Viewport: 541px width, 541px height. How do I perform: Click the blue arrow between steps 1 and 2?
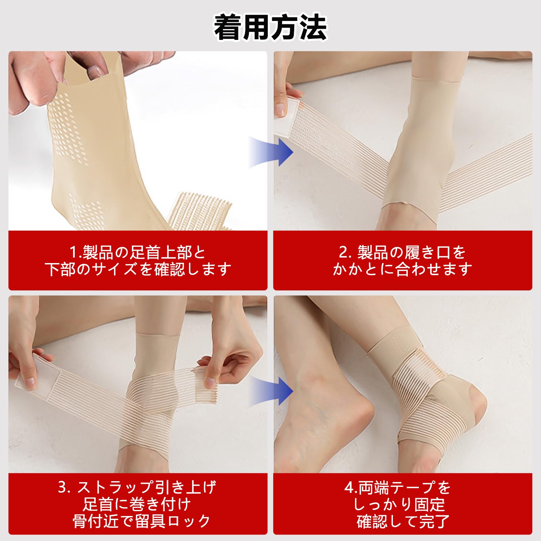(x=271, y=152)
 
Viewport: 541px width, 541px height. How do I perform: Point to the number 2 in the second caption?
(x=343, y=252)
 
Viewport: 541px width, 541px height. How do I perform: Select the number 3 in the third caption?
(x=63, y=487)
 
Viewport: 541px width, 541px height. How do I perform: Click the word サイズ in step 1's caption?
(x=114, y=269)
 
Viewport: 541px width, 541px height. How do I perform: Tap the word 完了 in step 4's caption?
(x=434, y=521)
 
